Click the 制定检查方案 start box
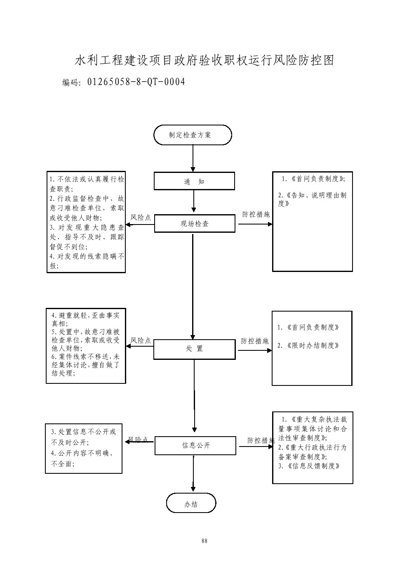[193, 135]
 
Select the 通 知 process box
[194, 181]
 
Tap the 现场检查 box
[195, 224]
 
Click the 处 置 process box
[194, 349]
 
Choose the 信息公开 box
[195, 446]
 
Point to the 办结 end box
[191, 503]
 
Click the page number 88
[204, 541]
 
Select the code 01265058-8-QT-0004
[136, 82]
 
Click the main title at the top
[204, 60]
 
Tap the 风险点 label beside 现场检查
[141, 217]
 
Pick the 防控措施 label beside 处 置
[255, 341]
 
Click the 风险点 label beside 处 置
[141, 341]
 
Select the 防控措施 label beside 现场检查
[256, 215]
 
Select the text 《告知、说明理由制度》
[312, 199]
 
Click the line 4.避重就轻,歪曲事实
[86, 316]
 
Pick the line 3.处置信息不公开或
[84, 432]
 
